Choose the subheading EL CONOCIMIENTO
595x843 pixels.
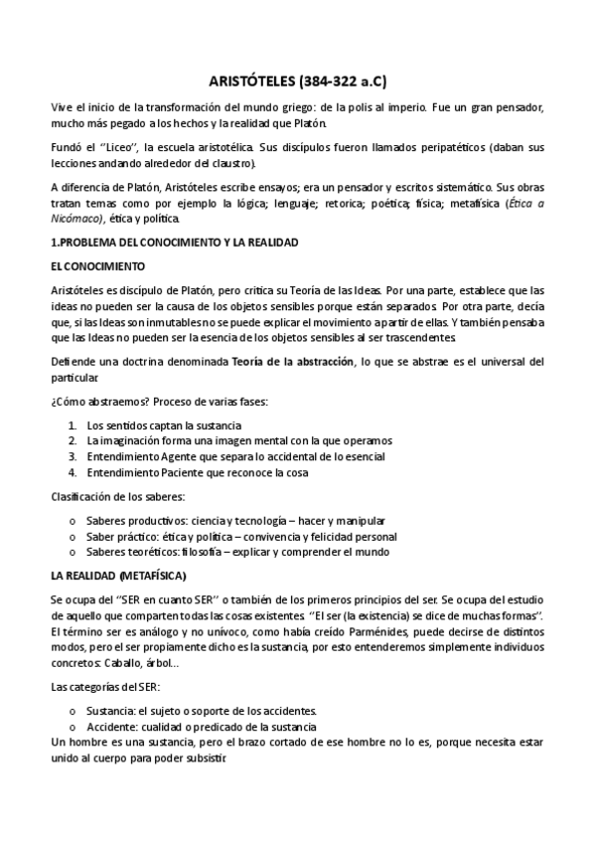(x=97, y=265)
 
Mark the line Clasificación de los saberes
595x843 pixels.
(x=117, y=495)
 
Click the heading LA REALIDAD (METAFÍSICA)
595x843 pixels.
(x=117, y=576)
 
